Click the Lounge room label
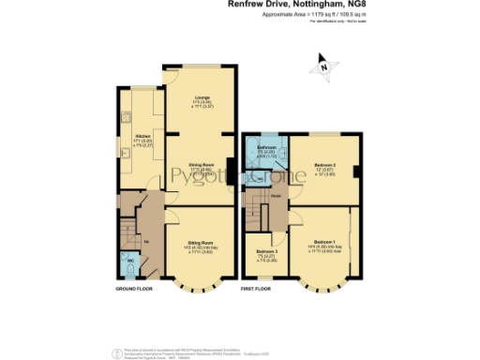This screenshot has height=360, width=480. (202, 97)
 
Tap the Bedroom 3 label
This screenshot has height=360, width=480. (266, 252)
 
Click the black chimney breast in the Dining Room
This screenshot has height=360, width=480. (228, 170)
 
